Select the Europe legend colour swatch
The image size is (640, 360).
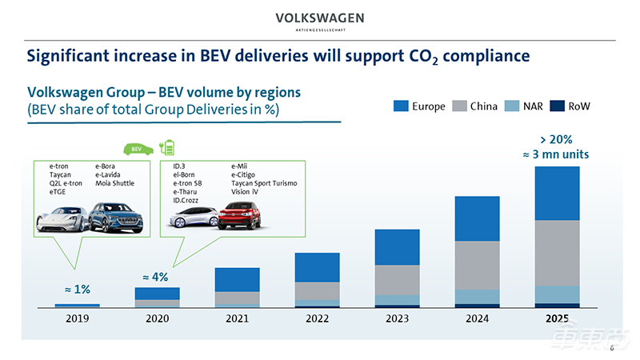tap(402, 106)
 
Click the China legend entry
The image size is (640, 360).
tap(475, 106)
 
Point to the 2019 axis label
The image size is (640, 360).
tap(78, 318)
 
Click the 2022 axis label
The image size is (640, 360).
tap(317, 318)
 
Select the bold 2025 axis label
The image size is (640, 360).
tap(557, 318)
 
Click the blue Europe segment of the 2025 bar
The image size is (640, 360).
tap(557, 193)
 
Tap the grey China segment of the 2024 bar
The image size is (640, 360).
tap(477, 265)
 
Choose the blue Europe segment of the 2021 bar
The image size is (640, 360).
tap(237, 279)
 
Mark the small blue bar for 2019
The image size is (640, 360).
tap(78, 306)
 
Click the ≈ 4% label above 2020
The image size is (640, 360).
tap(155, 277)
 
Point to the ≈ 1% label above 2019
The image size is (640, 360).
tap(78, 290)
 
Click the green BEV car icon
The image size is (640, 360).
tap(135, 149)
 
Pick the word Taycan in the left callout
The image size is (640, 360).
tap(60, 174)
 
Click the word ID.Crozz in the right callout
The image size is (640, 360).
tap(188, 200)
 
